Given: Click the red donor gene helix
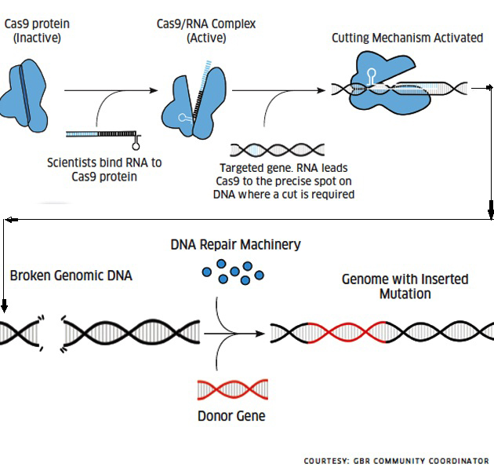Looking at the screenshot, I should click(231, 389).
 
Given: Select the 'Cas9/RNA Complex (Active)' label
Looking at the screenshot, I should click(205, 31).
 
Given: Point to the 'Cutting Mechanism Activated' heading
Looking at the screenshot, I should click(407, 38).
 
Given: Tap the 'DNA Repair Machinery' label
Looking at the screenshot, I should click(235, 245).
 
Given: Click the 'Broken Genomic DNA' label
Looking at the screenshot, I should click(71, 276).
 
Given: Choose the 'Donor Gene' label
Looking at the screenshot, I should click(231, 415).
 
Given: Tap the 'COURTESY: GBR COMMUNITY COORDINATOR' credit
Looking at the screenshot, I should click(396, 461).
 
